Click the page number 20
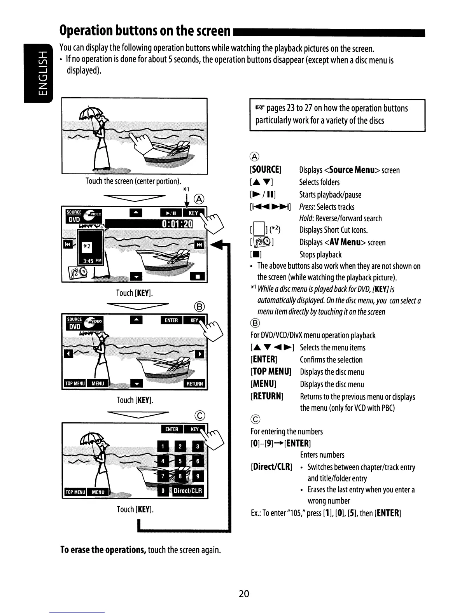pyautogui.click(x=244, y=593)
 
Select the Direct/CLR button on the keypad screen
pyautogui.click(x=187, y=491)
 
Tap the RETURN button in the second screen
pyautogui.click(x=194, y=384)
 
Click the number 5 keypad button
pyautogui.click(x=180, y=462)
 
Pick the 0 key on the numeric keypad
pyautogui.click(x=163, y=491)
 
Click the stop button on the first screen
pyautogui.click(x=198, y=277)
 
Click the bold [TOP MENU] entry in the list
pyautogui.click(x=271, y=372)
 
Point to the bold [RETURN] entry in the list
pyautogui.click(x=267, y=396)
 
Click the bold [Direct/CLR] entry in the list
pyautogui.click(x=271, y=467)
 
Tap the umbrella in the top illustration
pyautogui.click(x=90, y=113)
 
